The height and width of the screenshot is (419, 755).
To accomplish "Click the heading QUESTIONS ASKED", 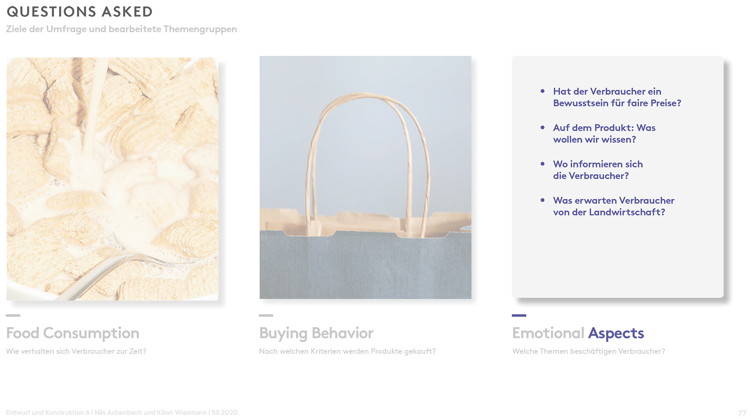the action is tap(80, 12).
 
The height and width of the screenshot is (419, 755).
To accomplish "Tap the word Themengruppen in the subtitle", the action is tap(200, 29).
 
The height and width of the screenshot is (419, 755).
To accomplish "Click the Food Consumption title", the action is tap(73, 333).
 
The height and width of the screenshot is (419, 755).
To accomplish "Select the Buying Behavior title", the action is tap(316, 333).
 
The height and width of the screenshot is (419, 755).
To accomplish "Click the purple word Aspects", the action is tap(616, 333).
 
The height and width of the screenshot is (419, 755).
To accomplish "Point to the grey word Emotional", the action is tap(548, 333).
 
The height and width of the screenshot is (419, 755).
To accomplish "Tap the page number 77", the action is tap(742, 413).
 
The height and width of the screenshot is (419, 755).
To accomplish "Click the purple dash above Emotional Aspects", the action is tap(519, 316).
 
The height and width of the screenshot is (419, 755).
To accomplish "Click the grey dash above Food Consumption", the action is tap(13, 316).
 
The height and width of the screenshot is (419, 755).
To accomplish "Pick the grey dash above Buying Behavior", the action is tap(266, 316).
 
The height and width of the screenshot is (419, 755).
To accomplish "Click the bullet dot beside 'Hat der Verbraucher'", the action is tap(543, 91).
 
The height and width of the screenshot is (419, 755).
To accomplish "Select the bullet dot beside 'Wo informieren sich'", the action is tap(543, 164).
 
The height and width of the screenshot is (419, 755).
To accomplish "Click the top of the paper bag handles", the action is tap(366, 95).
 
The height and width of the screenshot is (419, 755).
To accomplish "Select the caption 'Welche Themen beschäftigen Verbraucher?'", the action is tap(589, 351).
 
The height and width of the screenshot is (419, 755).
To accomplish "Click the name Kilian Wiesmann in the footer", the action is tap(182, 413).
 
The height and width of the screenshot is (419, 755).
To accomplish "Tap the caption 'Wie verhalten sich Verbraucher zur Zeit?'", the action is tap(76, 351).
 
